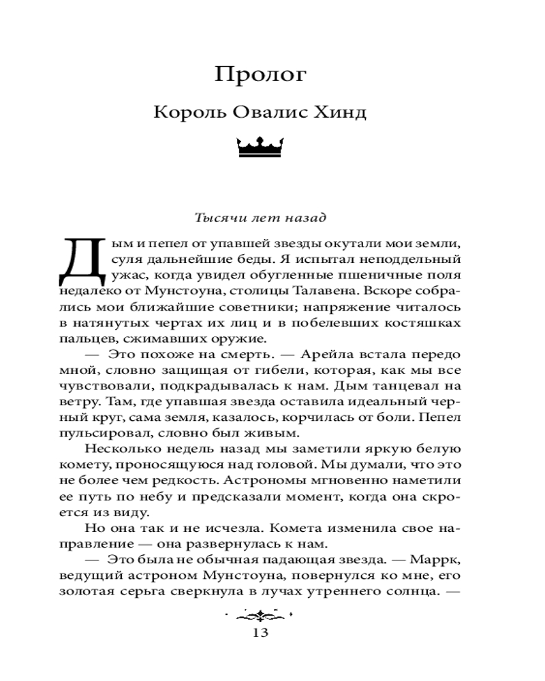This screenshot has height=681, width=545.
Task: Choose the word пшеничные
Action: [363, 275]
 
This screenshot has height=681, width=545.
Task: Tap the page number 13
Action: [260, 633]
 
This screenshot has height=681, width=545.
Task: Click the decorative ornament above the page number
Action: [260, 616]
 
